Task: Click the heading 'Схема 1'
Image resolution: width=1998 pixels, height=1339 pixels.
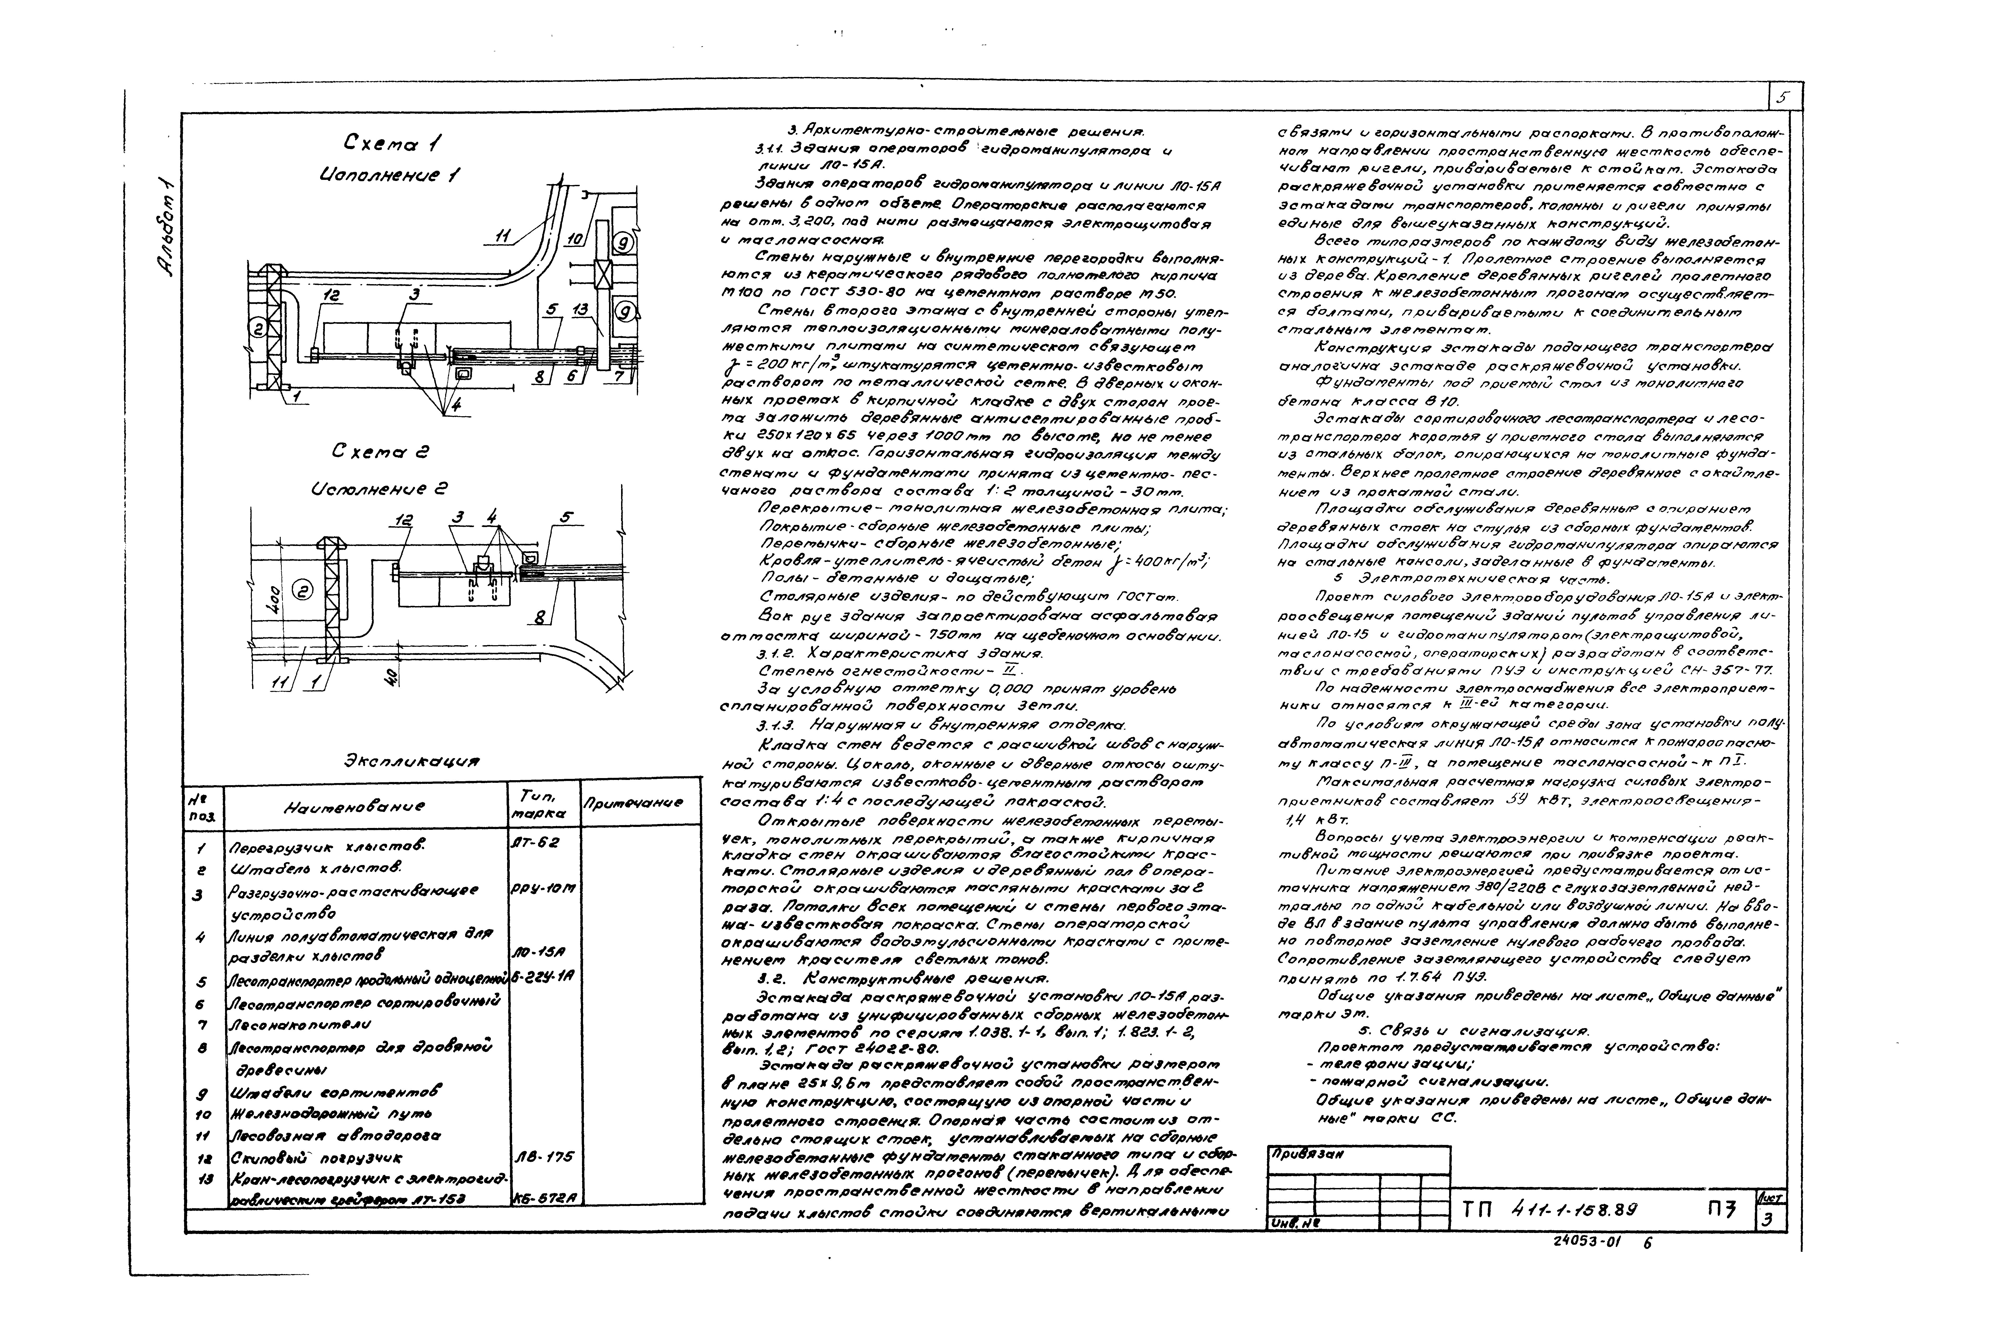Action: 393,143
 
